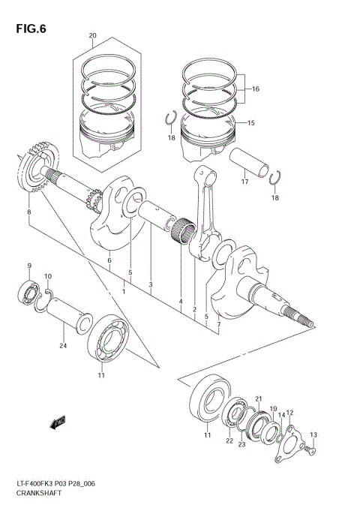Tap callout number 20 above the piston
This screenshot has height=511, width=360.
(x=92, y=36)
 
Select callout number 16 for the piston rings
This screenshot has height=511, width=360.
(x=255, y=89)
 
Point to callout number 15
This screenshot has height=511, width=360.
(x=250, y=123)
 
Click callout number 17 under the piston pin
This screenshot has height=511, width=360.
(x=244, y=181)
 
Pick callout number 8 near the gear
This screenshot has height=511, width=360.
(x=28, y=213)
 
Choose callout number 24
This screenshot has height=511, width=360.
(x=63, y=346)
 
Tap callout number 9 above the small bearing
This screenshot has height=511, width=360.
(x=29, y=266)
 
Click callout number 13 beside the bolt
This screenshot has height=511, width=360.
(x=313, y=434)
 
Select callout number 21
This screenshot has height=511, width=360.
(x=258, y=398)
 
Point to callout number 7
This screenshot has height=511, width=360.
(x=218, y=324)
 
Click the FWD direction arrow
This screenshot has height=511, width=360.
(x=57, y=424)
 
